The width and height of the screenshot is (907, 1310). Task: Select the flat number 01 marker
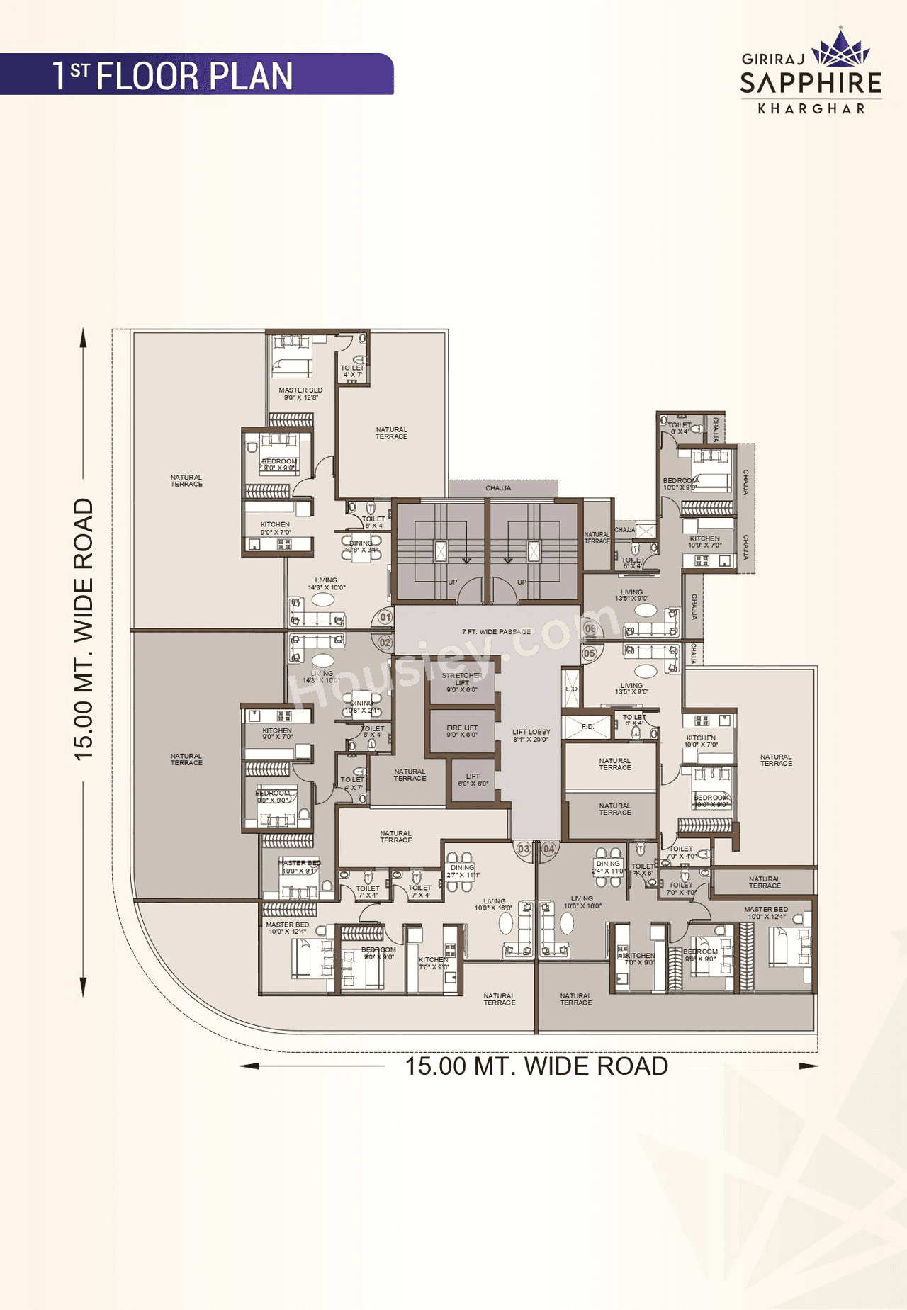[x=385, y=617]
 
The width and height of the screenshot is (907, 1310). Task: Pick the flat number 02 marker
[x=385, y=643]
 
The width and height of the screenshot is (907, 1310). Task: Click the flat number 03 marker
[x=524, y=849]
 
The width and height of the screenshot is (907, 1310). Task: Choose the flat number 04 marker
[x=549, y=849]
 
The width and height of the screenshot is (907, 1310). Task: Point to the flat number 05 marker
[x=590, y=653]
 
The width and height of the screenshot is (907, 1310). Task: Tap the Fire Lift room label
[x=462, y=731]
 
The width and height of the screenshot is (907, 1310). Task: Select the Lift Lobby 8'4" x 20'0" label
[x=531, y=735]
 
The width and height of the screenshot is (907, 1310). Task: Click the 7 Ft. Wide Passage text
[x=496, y=631]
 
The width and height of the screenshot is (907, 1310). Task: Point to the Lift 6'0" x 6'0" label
[x=473, y=779]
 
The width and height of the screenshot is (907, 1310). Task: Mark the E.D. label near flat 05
[x=572, y=689]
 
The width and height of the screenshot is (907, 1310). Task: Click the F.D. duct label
[x=587, y=726]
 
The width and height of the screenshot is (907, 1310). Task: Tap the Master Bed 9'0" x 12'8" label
[x=300, y=393]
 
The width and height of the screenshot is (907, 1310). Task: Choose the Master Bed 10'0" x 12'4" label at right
[x=766, y=913]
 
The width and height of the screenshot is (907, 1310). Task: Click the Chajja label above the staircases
[x=498, y=488]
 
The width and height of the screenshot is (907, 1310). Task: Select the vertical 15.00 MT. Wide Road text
[x=84, y=629]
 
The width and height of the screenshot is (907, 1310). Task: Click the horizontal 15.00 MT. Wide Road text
[x=536, y=1066]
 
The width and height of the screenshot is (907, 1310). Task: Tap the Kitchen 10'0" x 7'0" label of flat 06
[x=704, y=541]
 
